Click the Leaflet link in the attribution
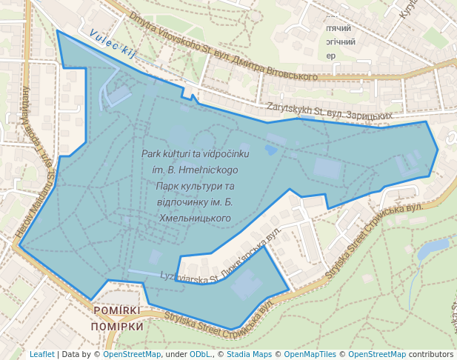41,354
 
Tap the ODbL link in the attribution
199,354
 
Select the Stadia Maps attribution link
247,354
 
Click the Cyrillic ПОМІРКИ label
118,327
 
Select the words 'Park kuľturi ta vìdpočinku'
196,153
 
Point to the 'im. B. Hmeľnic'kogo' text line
196,170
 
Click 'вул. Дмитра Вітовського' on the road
267,72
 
